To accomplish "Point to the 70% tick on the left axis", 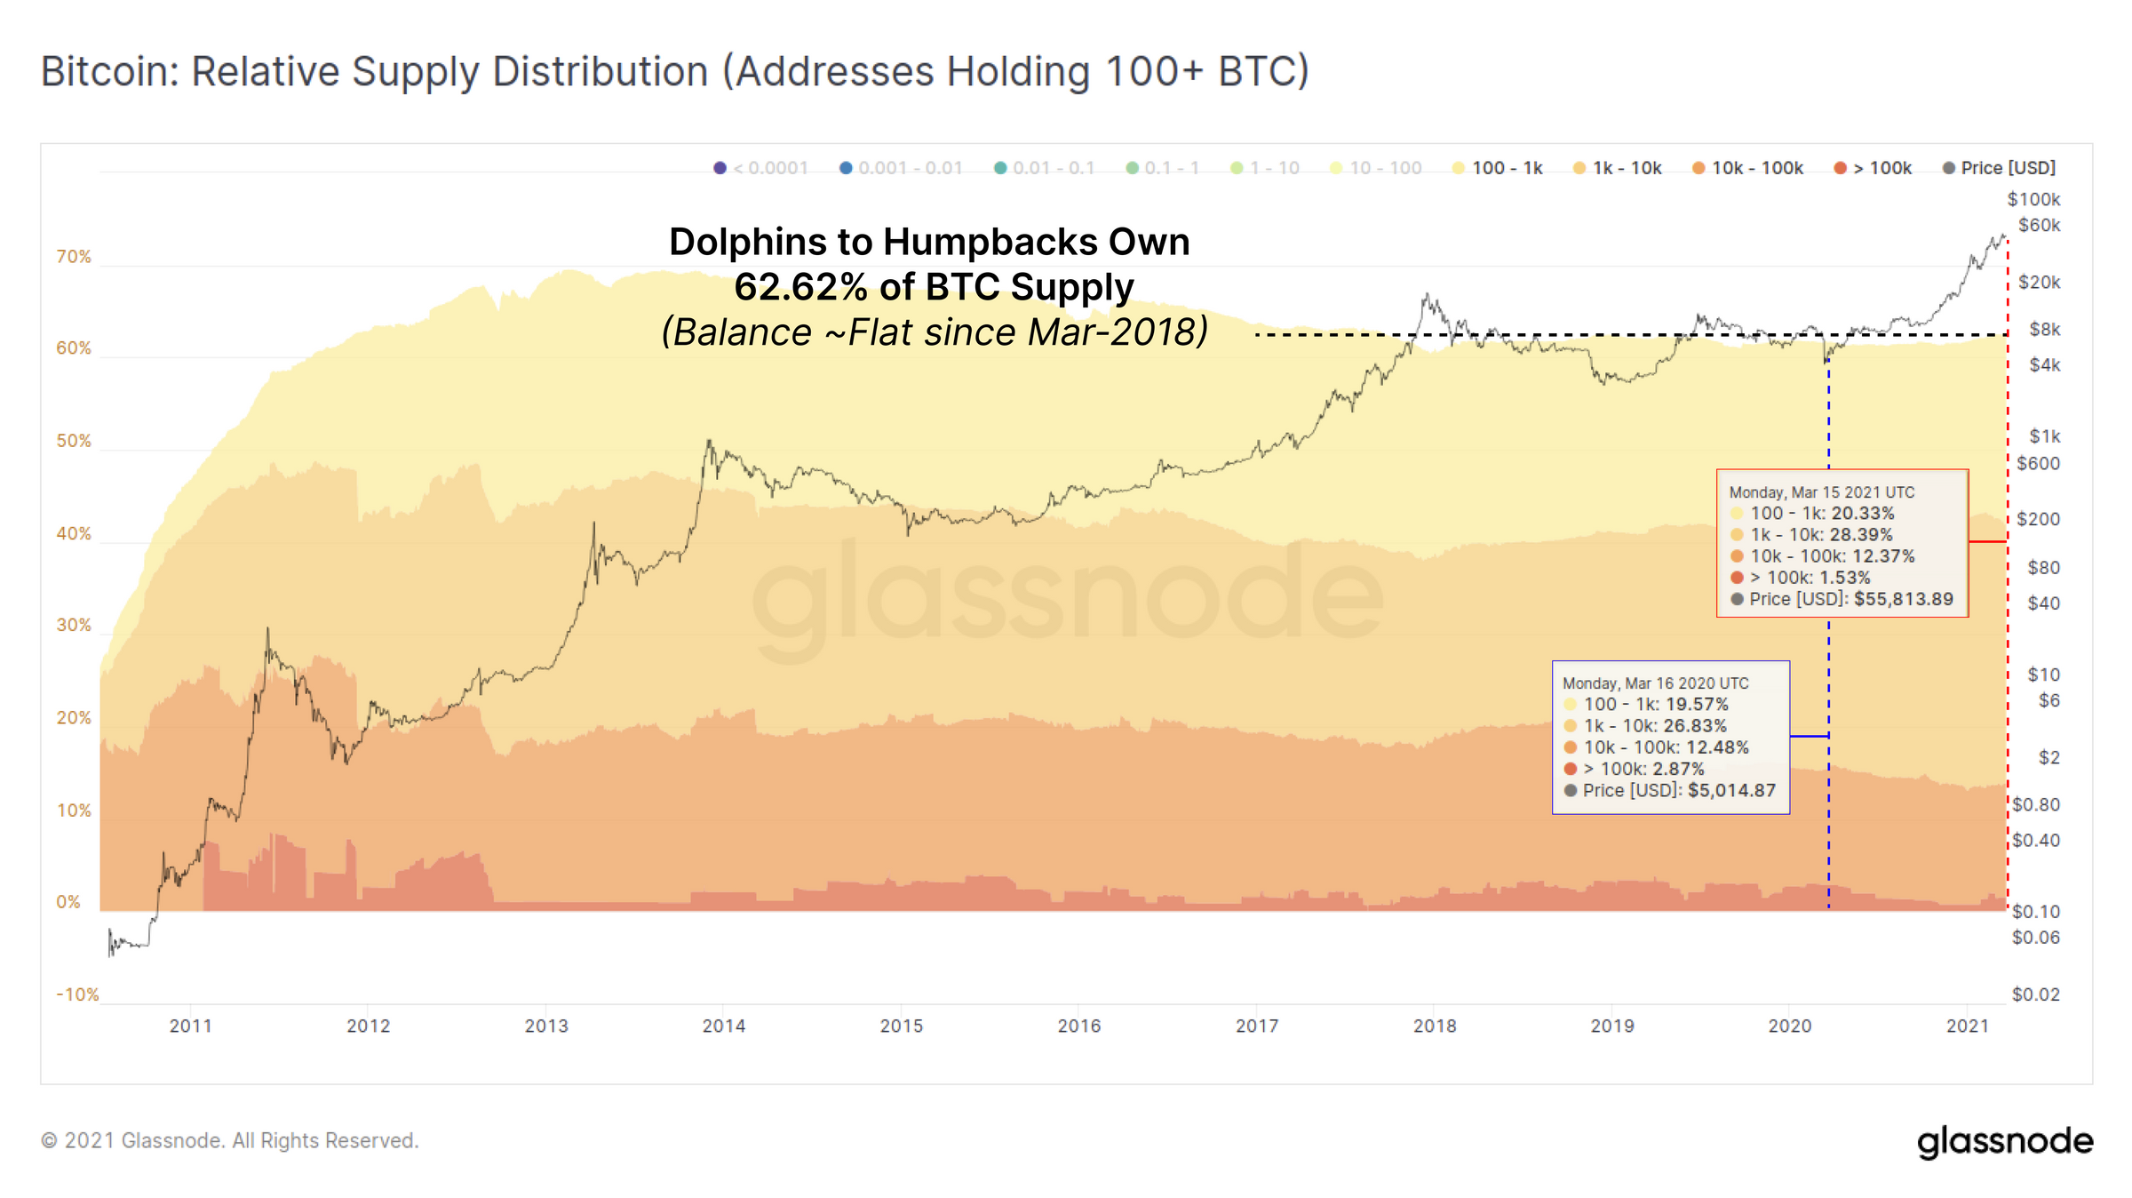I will tap(74, 257).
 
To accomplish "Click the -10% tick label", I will tap(77, 994).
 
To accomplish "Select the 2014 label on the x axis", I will tap(724, 1026).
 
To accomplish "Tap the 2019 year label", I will tap(1612, 1026).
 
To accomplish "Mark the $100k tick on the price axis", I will tap(2033, 199).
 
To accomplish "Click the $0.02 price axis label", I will tap(2035, 994).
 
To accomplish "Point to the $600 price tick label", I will tap(2038, 463).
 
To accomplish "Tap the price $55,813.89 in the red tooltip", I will tap(1903, 599).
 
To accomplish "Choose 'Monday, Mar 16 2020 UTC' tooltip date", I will tap(1656, 683).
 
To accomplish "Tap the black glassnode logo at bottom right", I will tap(2004, 1141).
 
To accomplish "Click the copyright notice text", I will tap(229, 1141).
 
